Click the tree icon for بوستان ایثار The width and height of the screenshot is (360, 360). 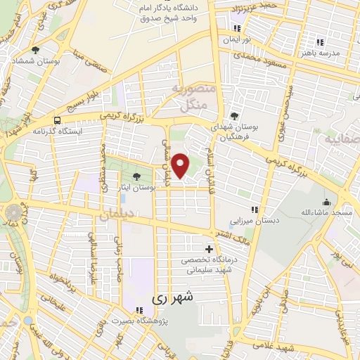[x=136, y=176]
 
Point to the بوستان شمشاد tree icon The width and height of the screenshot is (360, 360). [x=35, y=50]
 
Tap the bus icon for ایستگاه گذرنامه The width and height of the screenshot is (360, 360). [x=56, y=120]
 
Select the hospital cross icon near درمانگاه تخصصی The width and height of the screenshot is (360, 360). [x=208, y=249]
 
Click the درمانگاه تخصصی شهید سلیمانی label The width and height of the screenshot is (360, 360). [x=208, y=265]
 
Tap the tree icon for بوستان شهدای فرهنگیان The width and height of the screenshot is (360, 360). [x=234, y=116]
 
